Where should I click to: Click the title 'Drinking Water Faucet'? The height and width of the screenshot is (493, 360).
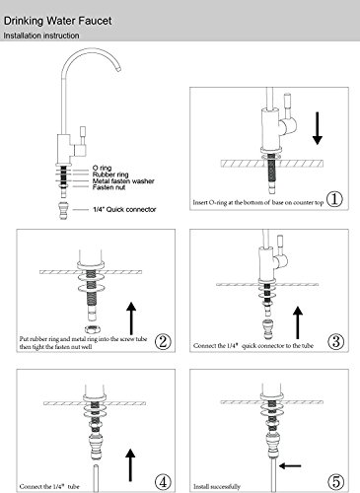click(x=57, y=21)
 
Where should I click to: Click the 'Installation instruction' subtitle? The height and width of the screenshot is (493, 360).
click(x=41, y=35)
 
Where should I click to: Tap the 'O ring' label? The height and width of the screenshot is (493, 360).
click(x=102, y=168)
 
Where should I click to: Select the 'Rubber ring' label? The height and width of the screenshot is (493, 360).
click(x=110, y=175)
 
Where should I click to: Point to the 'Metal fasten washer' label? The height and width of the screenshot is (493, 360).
click(x=123, y=180)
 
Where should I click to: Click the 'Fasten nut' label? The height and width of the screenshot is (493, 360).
click(x=108, y=187)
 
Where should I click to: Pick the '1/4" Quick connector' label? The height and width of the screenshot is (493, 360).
click(x=124, y=209)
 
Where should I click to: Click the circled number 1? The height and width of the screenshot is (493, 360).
click(x=335, y=199)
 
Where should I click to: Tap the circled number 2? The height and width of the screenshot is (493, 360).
click(x=163, y=341)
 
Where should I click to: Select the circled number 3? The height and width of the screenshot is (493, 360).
click(x=336, y=341)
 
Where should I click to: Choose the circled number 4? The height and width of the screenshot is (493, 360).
click(x=163, y=482)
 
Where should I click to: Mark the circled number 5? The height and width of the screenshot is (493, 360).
click(x=336, y=482)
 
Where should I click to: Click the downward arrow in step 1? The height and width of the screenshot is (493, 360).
click(x=318, y=128)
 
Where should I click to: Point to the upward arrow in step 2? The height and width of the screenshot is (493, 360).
click(x=131, y=318)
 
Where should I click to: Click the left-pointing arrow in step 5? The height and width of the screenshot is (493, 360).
click(x=290, y=465)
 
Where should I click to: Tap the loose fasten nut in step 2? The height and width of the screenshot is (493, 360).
click(x=93, y=328)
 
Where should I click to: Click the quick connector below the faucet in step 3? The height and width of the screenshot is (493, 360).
click(x=266, y=327)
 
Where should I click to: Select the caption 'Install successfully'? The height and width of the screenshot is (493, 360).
click(x=217, y=486)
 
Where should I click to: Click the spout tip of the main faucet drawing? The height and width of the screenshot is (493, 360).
click(x=118, y=68)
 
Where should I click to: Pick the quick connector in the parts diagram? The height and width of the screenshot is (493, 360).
click(x=63, y=210)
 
